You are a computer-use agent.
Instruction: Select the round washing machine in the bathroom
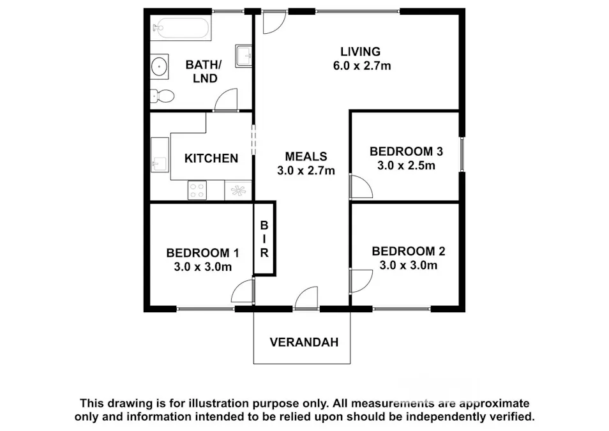[x=159, y=66]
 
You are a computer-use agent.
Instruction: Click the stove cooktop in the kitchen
[x=197, y=190]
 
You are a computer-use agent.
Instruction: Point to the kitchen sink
[x=160, y=155]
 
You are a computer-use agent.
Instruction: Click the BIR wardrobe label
[x=264, y=239]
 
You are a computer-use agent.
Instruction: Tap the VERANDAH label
[x=304, y=342]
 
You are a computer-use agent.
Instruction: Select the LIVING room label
[x=361, y=51]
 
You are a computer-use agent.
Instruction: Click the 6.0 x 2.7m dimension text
[x=362, y=66]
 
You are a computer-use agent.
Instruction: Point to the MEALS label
[x=306, y=156]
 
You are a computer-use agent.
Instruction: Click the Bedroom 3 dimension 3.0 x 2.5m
[x=406, y=165]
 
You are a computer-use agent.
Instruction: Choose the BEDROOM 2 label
[x=409, y=251]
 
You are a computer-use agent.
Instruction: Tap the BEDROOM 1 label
[x=203, y=253]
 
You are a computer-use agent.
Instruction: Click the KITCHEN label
[x=211, y=158]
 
